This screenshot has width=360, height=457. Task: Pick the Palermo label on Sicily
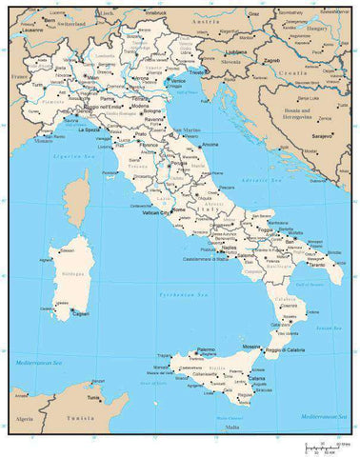click(206, 349)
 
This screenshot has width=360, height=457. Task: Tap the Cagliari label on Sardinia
click(80, 312)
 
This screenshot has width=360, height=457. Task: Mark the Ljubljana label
click(237, 51)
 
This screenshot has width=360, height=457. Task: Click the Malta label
click(232, 428)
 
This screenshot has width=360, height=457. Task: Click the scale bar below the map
click(324, 447)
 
